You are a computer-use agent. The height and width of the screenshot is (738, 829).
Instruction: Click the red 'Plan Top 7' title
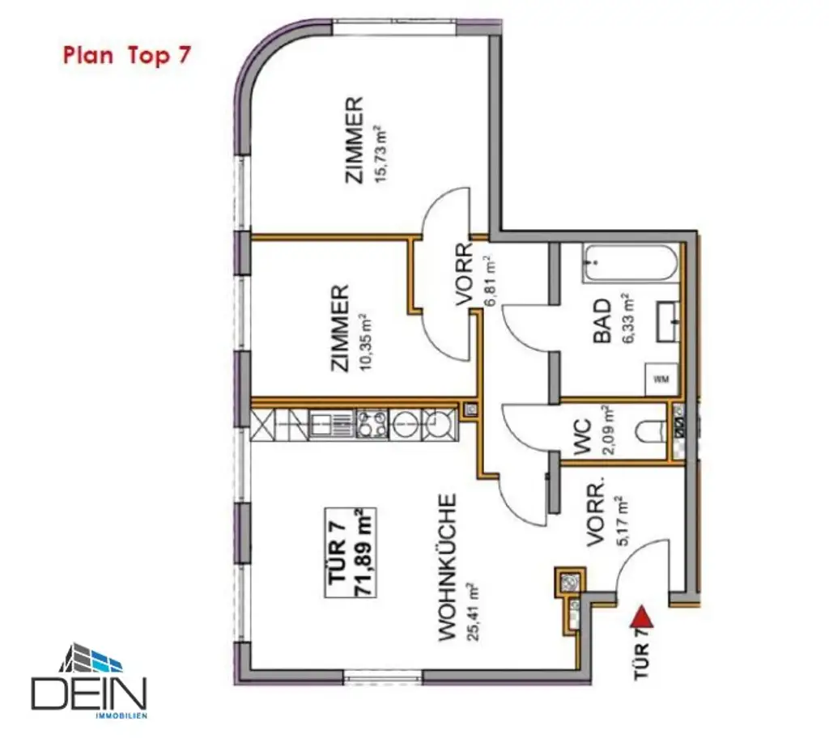tap(126, 57)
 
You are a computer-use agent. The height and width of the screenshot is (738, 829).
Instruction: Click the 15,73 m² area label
tap(377, 155)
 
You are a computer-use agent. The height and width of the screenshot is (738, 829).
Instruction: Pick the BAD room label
tap(603, 324)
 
